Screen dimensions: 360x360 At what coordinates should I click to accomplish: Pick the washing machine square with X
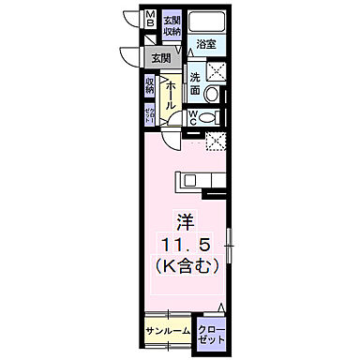pyautogui.click(x=215, y=72)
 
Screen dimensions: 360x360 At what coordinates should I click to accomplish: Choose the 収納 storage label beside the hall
pyautogui.click(x=150, y=86)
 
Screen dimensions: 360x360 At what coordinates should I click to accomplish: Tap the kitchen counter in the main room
pyautogui.click(x=198, y=177)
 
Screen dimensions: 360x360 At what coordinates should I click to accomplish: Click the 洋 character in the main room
pyautogui.click(x=187, y=222)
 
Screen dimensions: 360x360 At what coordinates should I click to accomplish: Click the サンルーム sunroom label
pyautogui.click(x=168, y=331)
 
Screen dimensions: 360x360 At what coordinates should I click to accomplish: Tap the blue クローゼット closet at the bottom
pyautogui.click(x=213, y=334)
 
